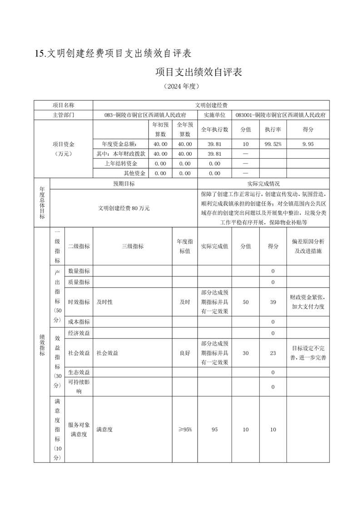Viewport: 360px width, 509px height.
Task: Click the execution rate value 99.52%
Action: [x=273, y=144]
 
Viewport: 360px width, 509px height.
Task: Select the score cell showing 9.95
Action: [x=308, y=144]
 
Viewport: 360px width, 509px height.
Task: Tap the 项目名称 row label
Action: [x=63, y=105]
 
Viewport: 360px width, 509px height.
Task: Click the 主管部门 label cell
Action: [x=63, y=115]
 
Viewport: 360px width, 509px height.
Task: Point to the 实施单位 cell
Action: [x=214, y=115]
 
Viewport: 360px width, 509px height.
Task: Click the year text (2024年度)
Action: [x=180, y=86]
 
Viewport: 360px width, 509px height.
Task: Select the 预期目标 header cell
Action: [x=123, y=184]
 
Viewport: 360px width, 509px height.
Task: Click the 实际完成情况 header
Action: [x=263, y=184]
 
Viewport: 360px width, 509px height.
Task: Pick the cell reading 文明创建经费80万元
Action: [x=123, y=208]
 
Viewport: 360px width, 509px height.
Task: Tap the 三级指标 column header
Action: [x=132, y=246]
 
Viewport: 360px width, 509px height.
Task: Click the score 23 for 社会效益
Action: [x=273, y=353]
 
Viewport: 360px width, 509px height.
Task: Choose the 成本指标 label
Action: [x=79, y=322]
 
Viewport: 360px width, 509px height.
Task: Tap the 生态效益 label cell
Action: [x=79, y=372]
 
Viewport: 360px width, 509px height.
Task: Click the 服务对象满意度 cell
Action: [x=79, y=429]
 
